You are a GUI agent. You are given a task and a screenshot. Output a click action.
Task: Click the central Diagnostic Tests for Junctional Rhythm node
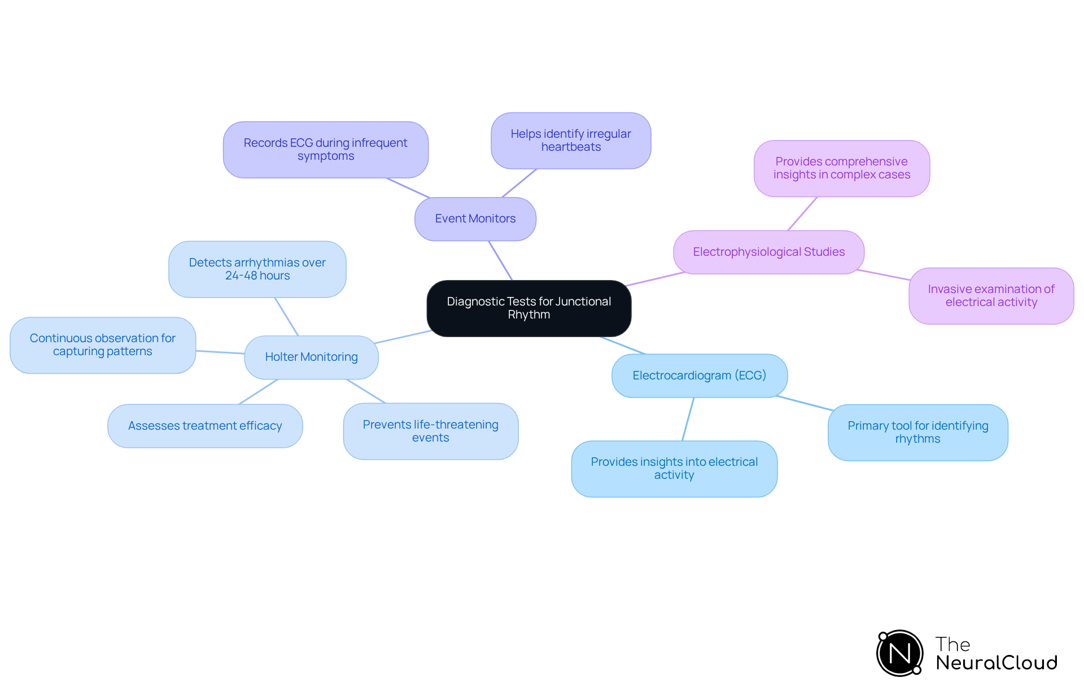(528, 308)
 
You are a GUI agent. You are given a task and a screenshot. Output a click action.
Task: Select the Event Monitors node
(475, 219)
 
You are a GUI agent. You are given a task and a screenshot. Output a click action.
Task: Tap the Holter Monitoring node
(311, 357)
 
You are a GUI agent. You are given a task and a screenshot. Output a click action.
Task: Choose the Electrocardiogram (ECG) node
(699, 375)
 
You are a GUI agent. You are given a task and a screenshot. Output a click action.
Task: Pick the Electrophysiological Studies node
(768, 252)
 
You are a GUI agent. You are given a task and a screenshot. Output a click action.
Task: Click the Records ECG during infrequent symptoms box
(325, 150)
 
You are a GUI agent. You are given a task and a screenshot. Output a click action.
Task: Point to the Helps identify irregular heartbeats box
(571, 141)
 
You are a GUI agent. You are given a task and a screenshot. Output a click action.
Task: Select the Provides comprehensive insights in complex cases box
(841, 168)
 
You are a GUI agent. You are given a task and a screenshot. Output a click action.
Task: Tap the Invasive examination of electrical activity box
(991, 296)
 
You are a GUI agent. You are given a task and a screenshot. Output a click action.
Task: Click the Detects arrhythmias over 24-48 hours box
(257, 269)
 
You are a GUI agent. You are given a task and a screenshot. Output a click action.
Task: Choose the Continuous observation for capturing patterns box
(102, 345)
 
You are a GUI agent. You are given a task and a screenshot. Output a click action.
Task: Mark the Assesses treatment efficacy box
(205, 426)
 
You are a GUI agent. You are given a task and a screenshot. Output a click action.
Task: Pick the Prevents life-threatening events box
(430, 431)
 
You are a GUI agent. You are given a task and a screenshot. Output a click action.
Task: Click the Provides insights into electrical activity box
(674, 469)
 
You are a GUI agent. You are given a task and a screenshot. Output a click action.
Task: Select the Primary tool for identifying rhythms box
(917, 432)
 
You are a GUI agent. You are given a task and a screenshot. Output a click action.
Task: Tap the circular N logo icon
(899, 653)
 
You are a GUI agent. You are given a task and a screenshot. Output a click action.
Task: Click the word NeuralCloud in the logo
(996, 663)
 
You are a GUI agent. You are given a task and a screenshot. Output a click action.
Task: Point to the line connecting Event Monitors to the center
(500, 260)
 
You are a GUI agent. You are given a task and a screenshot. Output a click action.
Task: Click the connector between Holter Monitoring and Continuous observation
(220, 352)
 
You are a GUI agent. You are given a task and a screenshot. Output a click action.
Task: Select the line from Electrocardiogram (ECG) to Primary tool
(805, 403)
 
